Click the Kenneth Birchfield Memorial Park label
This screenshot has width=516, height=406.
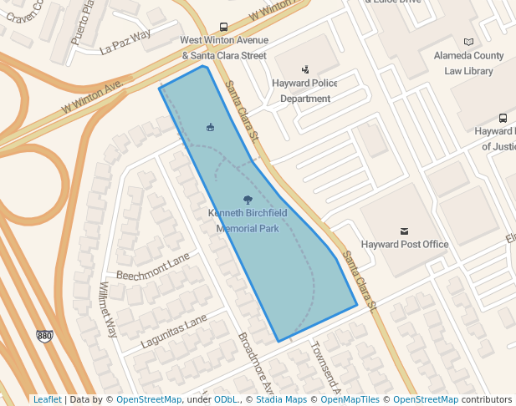(x=247, y=221)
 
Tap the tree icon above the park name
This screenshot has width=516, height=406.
(x=247, y=200)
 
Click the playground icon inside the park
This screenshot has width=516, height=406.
(x=210, y=127)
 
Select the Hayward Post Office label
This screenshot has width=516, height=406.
(x=404, y=245)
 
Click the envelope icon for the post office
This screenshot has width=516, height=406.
(x=405, y=231)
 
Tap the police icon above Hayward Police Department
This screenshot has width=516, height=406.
(x=305, y=70)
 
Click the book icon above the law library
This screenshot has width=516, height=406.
(x=467, y=42)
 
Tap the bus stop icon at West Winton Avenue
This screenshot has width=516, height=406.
(x=223, y=27)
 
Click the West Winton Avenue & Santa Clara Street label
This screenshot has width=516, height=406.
(x=224, y=48)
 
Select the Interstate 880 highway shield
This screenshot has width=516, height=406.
(x=44, y=336)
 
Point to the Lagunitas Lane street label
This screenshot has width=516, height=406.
(x=173, y=331)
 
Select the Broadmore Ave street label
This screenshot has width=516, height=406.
(x=256, y=364)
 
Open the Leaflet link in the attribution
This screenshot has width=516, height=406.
(x=47, y=400)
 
